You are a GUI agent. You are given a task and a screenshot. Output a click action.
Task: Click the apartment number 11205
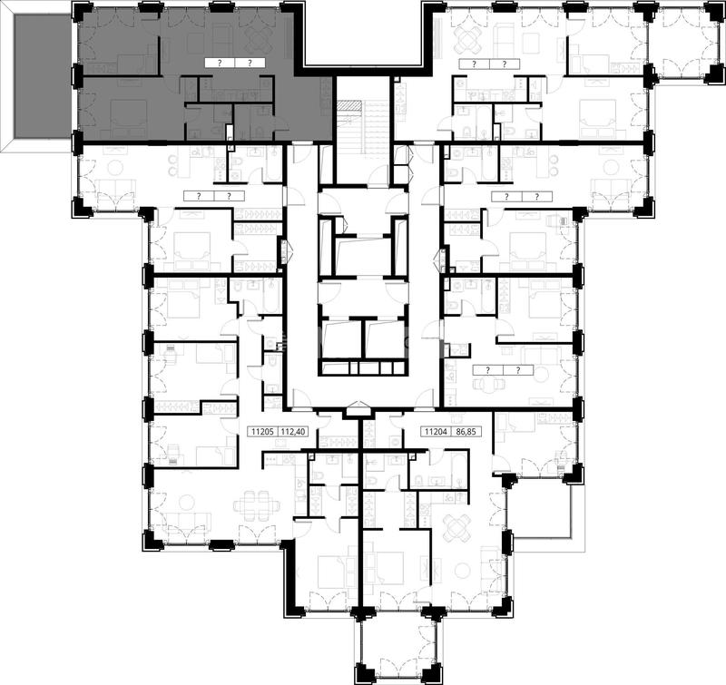click(x=262, y=432)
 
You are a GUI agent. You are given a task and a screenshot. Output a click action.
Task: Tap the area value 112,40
click(x=292, y=432)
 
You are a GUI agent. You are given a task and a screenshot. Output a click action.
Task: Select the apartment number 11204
click(x=436, y=432)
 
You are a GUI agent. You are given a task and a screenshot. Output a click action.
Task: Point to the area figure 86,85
click(x=466, y=432)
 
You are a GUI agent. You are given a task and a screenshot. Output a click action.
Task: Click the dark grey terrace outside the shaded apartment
click(x=41, y=76)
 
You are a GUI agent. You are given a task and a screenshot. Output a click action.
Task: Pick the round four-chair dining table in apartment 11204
click(x=457, y=526)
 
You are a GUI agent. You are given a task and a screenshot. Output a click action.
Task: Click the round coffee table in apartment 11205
click(x=188, y=502)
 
